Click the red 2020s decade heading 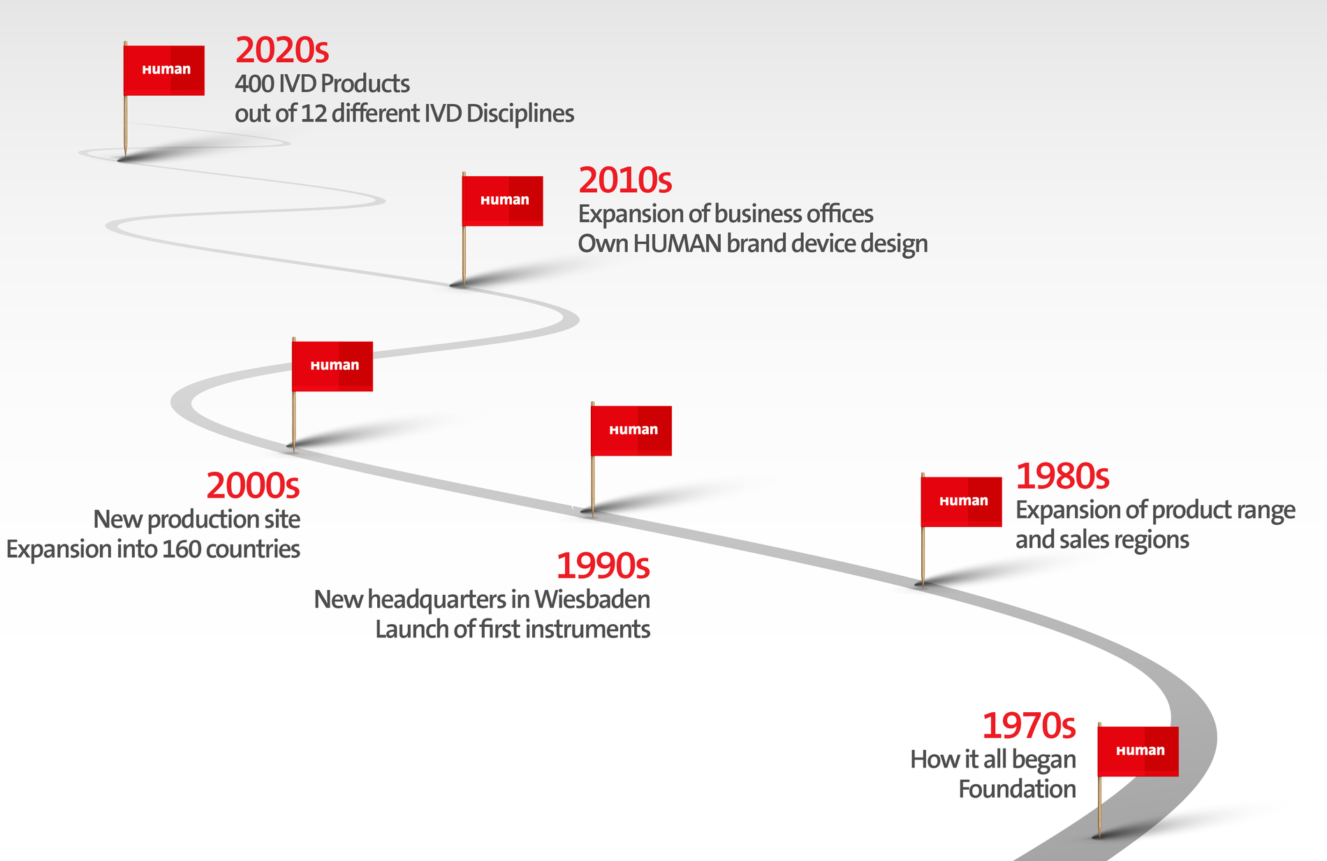pyautogui.click(x=282, y=50)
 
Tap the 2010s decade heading pyautogui.click(x=625, y=180)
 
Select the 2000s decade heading pyautogui.click(x=253, y=486)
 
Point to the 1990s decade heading pyautogui.click(x=603, y=566)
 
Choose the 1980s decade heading pyautogui.click(x=1062, y=477)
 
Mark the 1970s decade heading pyautogui.click(x=1029, y=725)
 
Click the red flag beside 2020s pyautogui.click(x=164, y=71)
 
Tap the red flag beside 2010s pyautogui.click(x=503, y=201)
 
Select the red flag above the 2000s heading pyautogui.click(x=332, y=366)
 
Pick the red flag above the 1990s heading pyautogui.click(x=631, y=431)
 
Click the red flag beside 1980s pyautogui.click(x=962, y=502)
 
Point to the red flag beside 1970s pyautogui.click(x=1138, y=751)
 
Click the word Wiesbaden pyautogui.click(x=592, y=600)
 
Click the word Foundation pyautogui.click(x=1017, y=790)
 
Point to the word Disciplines pyautogui.click(x=520, y=113)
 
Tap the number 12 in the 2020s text pyautogui.click(x=314, y=114)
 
